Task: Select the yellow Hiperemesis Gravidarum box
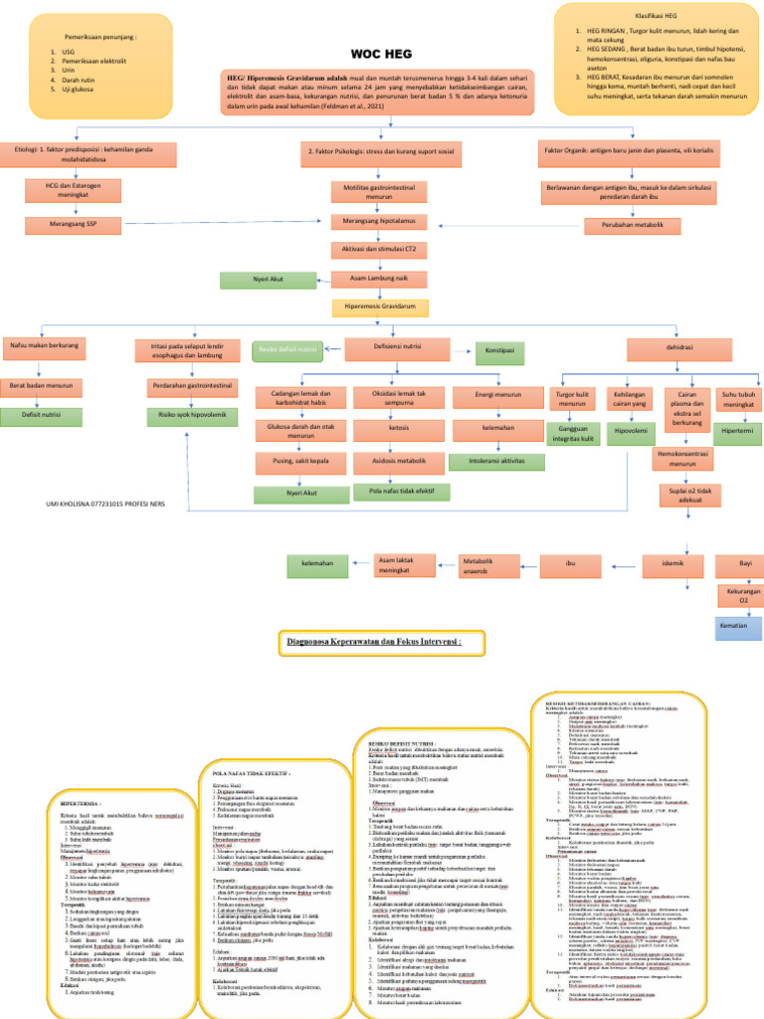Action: coord(380,307)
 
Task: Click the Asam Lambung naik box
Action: coord(381,280)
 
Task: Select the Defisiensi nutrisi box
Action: coord(389,350)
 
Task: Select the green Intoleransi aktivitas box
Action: coord(497,461)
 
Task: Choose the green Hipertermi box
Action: coord(737,430)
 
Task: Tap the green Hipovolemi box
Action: coord(630,431)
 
